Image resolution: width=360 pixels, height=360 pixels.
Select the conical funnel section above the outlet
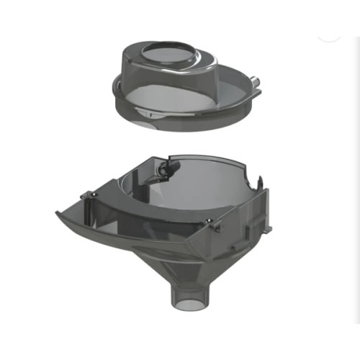(x=189, y=266)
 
